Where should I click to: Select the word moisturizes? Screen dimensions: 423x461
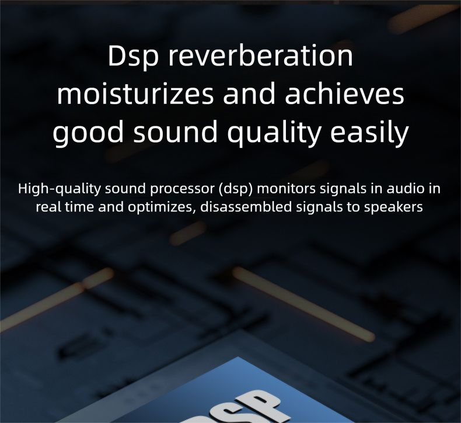click(135, 94)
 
